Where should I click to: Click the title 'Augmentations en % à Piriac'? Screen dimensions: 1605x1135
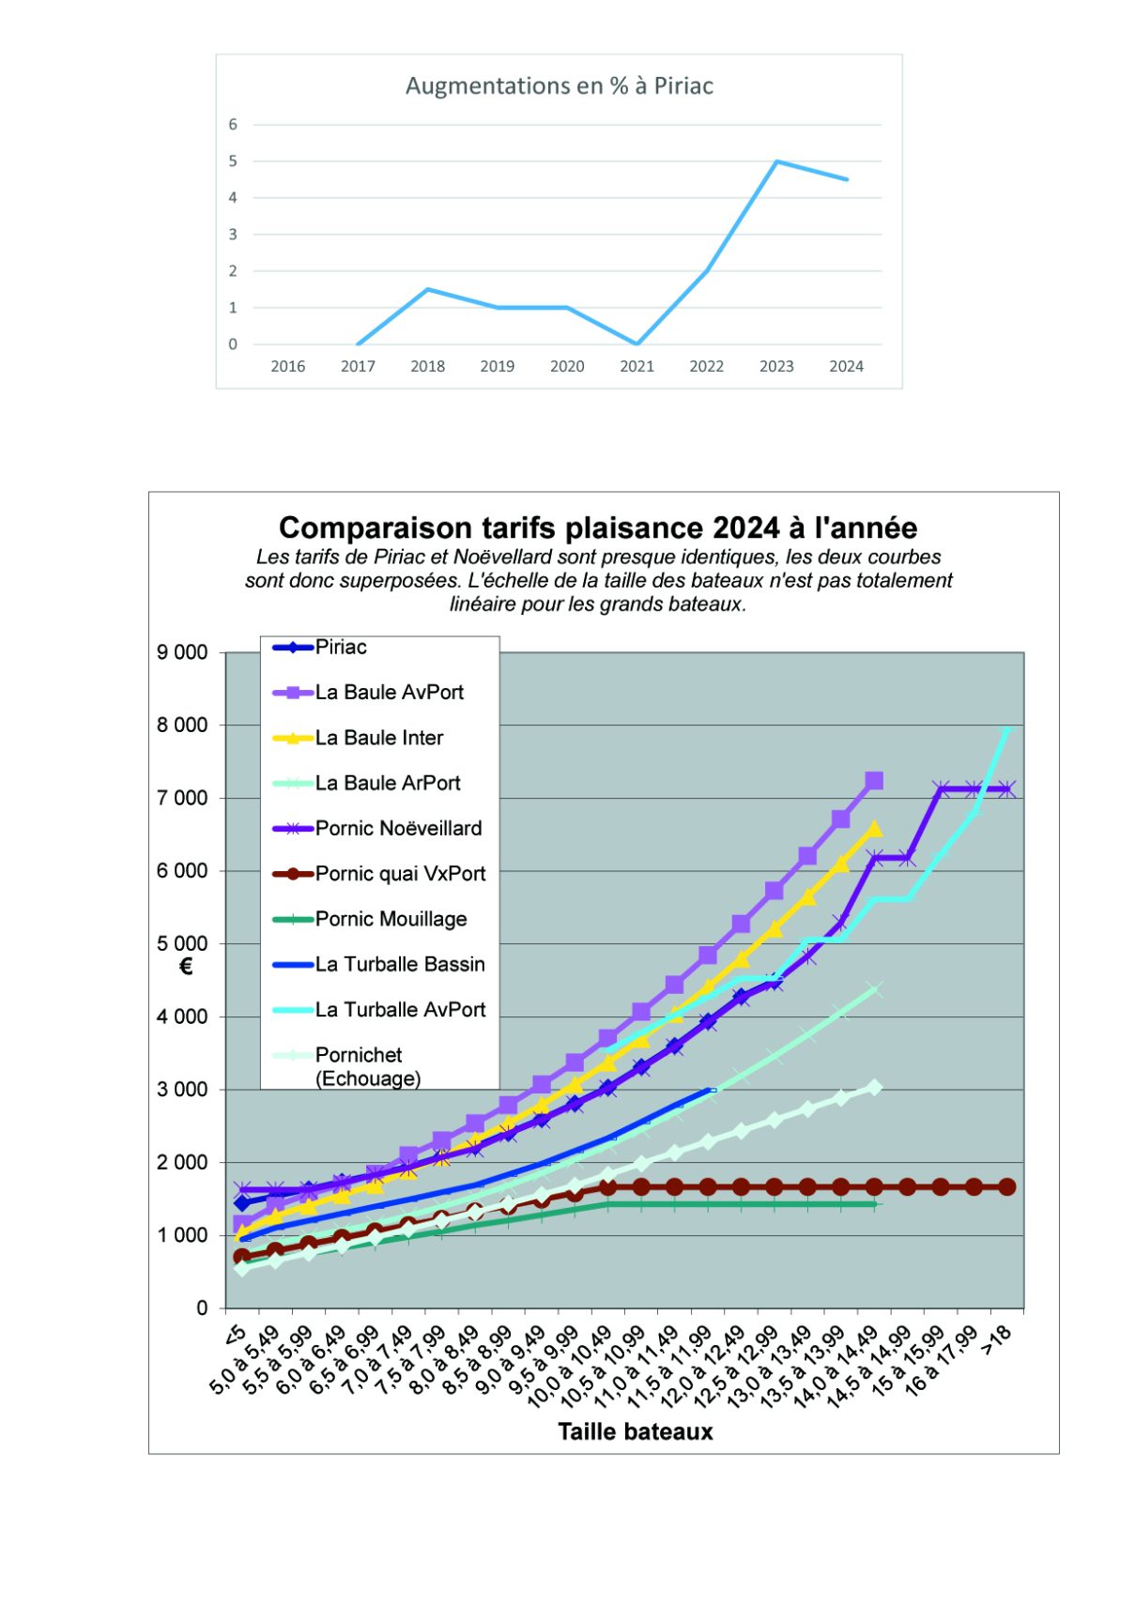[x=559, y=86]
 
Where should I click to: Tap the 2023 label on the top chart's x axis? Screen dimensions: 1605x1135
[x=776, y=366]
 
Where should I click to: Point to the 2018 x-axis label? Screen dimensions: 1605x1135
[x=427, y=366]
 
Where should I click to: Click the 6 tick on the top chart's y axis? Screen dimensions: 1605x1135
[x=233, y=125]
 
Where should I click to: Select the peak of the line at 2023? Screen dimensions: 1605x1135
[x=776, y=161]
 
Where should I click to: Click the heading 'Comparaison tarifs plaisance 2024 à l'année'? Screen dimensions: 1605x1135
[x=598, y=527]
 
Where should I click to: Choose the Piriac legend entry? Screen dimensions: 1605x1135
[x=341, y=647]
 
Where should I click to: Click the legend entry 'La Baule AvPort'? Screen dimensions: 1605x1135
[x=389, y=693]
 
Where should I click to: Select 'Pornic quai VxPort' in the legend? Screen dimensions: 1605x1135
[x=400, y=874]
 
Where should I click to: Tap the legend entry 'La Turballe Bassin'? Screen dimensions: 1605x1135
[x=400, y=964]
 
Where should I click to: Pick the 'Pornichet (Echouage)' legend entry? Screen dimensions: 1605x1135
[x=366, y=1066]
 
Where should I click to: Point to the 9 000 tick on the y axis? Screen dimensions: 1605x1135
[x=182, y=652]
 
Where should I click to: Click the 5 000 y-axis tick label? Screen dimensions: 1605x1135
[x=182, y=943]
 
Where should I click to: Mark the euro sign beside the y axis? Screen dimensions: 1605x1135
[x=186, y=967]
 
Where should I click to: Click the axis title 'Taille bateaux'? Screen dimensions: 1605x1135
[x=636, y=1431]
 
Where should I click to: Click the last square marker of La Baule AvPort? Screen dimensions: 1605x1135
[x=874, y=781]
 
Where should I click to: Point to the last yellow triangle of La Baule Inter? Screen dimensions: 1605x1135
[x=874, y=828]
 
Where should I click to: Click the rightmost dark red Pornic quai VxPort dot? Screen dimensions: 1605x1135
[x=1006, y=1186]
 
